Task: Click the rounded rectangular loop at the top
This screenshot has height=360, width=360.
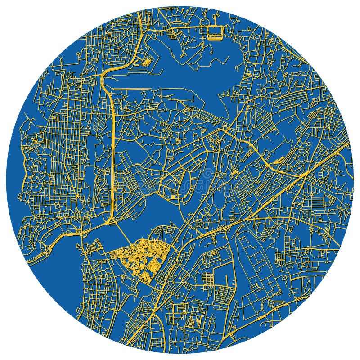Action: pos(215,32)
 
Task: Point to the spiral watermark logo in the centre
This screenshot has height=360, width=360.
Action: pos(208,174)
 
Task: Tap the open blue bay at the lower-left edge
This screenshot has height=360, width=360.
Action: pos(54,270)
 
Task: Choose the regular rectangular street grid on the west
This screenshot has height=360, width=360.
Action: pos(63,135)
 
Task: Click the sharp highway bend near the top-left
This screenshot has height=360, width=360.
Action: pos(104,74)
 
